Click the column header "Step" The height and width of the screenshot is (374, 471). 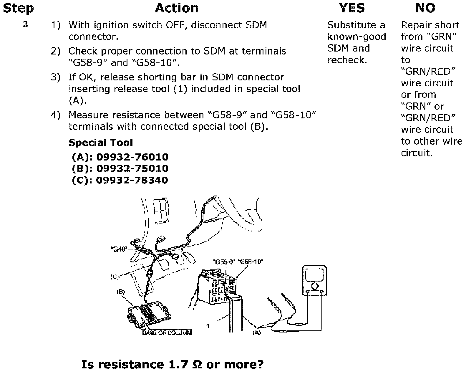click(18, 8)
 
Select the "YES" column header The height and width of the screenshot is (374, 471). click(351, 8)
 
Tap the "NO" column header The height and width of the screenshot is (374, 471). click(425, 8)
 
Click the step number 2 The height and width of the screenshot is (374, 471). click(26, 24)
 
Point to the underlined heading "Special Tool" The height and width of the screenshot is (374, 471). click(101, 143)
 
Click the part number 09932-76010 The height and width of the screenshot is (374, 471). click(132, 157)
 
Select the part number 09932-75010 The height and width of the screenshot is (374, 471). click(132, 168)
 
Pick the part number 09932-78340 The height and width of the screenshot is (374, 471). click(132, 180)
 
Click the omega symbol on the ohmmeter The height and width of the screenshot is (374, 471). click(314, 286)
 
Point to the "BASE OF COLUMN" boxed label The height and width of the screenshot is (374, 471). click(167, 332)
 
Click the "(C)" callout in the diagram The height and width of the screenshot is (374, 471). click(115, 277)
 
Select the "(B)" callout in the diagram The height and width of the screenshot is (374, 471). click(121, 292)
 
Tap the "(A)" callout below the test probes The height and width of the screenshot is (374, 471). click(256, 332)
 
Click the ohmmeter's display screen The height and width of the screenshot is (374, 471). click(314, 275)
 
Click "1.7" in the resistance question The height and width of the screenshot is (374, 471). click(178, 365)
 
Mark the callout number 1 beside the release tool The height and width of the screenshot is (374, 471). click(208, 326)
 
